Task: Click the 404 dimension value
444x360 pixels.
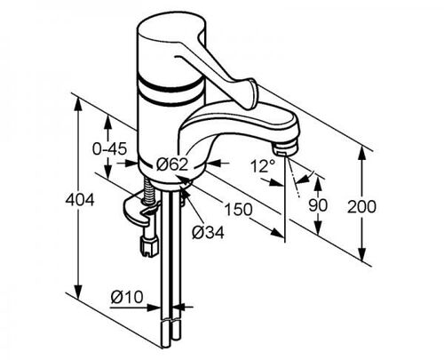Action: click(x=80, y=200)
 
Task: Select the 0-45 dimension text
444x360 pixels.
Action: click(x=109, y=148)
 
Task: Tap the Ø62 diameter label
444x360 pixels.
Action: click(x=172, y=164)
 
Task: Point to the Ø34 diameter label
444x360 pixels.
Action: click(x=208, y=232)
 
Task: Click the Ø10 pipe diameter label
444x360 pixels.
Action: click(x=127, y=297)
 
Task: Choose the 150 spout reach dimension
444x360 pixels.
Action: click(x=239, y=209)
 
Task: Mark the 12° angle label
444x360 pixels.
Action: click(x=263, y=166)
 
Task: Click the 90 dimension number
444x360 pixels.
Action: click(x=318, y=205)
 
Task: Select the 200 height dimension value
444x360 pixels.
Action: click(x=361, y=206)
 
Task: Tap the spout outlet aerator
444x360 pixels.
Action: click(x=285, y=148)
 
